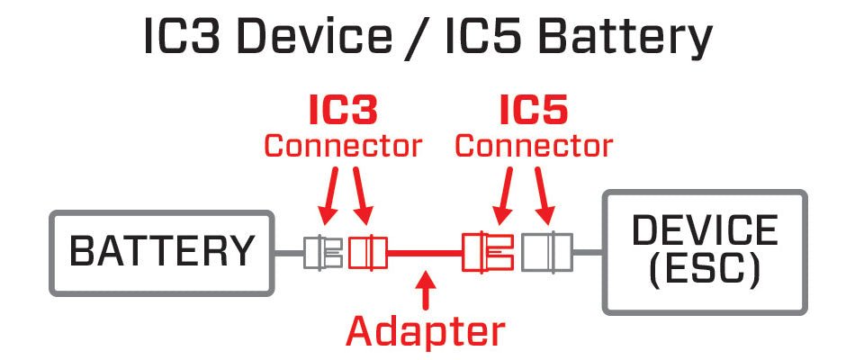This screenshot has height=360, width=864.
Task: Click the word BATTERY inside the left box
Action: click(162, 252)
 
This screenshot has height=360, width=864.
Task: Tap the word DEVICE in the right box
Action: click(705, 230)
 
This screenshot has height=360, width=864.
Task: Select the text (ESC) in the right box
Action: click(705, 268)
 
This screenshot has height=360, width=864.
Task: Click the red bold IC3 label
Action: click(342, 112)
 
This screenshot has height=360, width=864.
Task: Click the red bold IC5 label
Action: click(534, 112)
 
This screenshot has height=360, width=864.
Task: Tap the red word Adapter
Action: click(427, 331)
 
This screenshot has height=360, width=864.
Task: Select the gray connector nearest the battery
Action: click(321, 253)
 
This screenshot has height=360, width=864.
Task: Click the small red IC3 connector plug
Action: click(366, 253)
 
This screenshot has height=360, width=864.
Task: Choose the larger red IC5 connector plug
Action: click(487, 252)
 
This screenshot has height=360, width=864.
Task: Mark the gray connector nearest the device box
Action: click(548, 252)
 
